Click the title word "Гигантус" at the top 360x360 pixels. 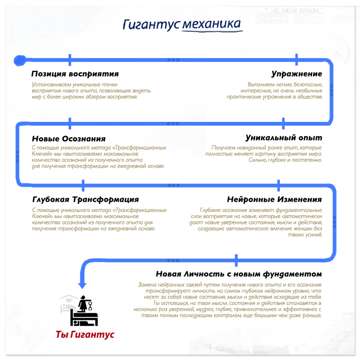coord(152,24)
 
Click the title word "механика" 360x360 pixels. coord(211,24)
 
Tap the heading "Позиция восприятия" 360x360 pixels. coord(75,74)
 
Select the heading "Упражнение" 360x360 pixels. coord(297,74)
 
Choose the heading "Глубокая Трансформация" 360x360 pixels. coord(85,199)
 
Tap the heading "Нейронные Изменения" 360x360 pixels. coord(274,199)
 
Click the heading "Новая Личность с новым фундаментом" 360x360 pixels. coord(238,274)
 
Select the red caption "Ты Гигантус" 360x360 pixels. coord(85,335)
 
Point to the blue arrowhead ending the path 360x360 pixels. coord(82,284)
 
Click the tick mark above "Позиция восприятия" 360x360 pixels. coord(70,59)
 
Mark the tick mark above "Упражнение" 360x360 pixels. coord(297,59)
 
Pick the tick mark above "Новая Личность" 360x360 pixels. coord(236,260)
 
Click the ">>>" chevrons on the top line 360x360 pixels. coord(173,59)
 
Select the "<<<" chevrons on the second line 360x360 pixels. coord(173,123)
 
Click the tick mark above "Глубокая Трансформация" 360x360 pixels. coord(83,184)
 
